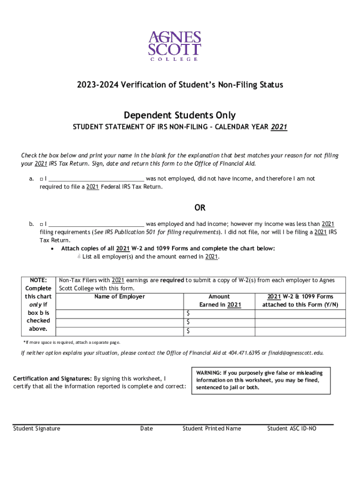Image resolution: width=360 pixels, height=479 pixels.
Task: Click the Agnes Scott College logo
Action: [174, 46]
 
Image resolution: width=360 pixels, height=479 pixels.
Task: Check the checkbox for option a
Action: [42, 179]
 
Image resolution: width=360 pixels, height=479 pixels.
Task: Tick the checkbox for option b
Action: [42, 224]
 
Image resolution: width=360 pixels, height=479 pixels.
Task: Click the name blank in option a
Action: [96, 179]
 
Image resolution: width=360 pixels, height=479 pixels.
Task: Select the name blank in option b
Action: [96, 224]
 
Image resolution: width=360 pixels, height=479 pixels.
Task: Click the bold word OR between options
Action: [200, 208]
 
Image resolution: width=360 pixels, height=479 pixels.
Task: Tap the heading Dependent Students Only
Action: [180, 115]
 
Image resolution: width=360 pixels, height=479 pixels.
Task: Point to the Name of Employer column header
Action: [120, 297]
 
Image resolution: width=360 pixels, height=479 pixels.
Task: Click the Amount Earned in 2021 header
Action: [220, 300]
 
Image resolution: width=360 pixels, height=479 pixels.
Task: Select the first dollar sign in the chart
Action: [188, 313]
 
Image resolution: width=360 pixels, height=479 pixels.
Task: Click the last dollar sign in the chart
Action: [188, 331]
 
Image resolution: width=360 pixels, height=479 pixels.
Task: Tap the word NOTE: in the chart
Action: [38, 280]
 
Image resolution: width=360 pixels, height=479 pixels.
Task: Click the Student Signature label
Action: [36, 428]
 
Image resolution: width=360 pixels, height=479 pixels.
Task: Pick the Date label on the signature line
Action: [146, 428]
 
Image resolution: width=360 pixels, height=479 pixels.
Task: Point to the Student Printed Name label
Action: [212, 428]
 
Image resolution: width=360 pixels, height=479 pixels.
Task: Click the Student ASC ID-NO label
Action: [292, 428]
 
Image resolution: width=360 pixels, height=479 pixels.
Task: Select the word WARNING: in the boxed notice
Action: [209, 373]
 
